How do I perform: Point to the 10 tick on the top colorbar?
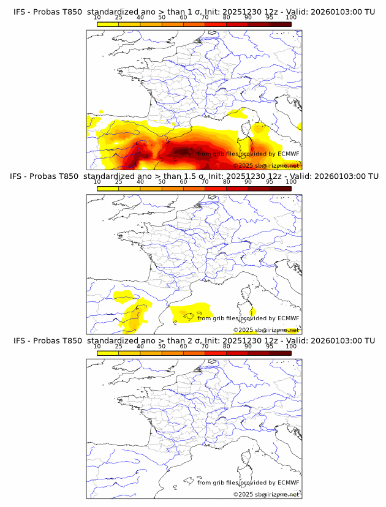(97, 18)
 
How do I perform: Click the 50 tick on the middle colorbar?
(162, 182)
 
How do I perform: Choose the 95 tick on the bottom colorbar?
(270, 346)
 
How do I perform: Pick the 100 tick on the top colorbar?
(291, 18)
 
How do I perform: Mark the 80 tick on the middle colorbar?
(227, 182)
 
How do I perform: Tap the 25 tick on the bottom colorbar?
(119, 346)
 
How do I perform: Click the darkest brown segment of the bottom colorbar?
(280, 353)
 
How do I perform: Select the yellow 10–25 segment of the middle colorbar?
(108, 189)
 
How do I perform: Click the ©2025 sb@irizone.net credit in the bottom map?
(266, 494)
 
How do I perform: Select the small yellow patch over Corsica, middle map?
(252, 313)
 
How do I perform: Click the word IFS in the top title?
(19, 12)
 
